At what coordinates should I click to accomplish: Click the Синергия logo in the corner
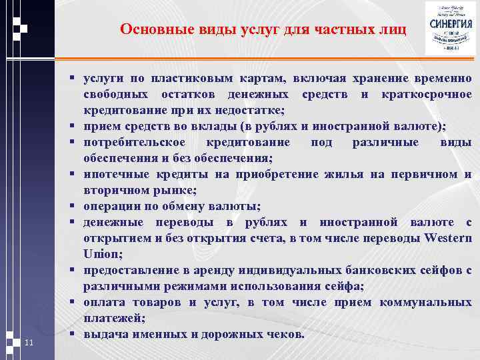tap(450, 28)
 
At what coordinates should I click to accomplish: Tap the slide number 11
tap(28, 343)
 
